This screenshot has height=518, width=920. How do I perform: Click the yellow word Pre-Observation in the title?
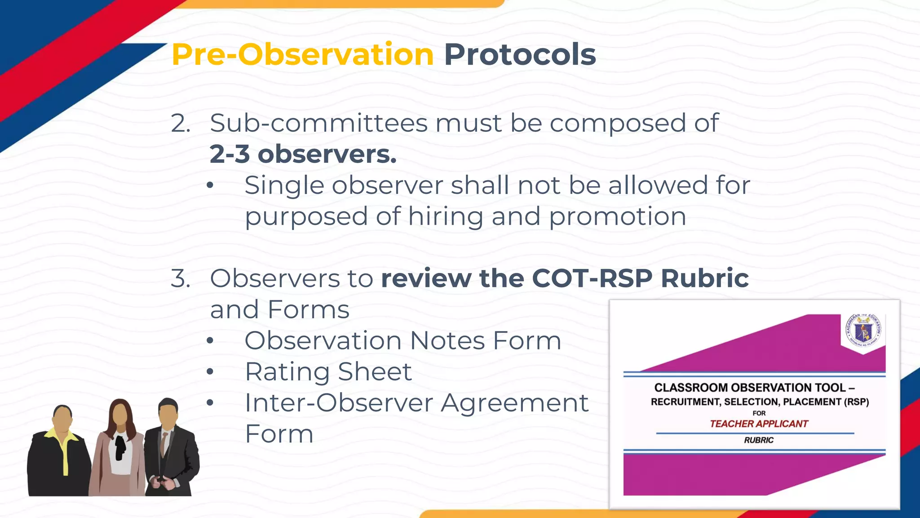(x=302, y=55)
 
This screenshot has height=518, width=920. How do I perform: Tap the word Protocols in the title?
(x=520, y=55)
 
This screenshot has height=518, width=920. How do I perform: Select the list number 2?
(x=180, y=123)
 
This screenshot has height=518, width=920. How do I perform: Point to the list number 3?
(x=180, y=278)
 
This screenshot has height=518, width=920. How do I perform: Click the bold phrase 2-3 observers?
(x=303, y=154)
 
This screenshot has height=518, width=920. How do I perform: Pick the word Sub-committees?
(x=318, y=123)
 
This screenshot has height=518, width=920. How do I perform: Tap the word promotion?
(x=618, y=217)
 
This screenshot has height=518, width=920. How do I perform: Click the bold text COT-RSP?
(x=592, y=278)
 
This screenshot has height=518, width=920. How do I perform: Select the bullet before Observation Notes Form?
(x=210, y=341)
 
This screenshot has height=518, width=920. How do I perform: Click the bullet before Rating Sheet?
(x=210, y=372)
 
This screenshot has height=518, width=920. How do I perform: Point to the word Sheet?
(x=375, y=372)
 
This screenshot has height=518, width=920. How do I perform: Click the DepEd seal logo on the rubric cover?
(x=862, y=332)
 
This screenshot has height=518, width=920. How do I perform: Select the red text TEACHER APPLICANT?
(x=759, y=424)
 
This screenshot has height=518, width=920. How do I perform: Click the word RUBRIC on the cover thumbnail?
(x=759, y=440)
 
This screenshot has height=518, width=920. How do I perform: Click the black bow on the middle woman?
(x=120, y=445)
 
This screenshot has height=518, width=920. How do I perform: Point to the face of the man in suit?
(x=168, y=416)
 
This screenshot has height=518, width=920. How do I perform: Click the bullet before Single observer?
(x=210, y=186)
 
